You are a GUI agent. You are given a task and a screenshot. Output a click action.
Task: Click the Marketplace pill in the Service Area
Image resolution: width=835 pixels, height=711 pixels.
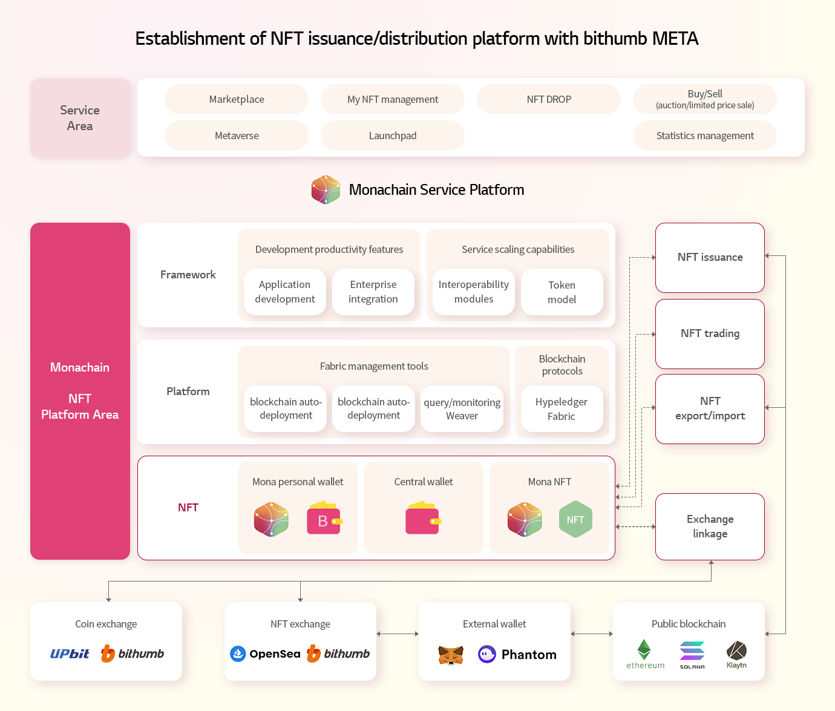coord(237,99)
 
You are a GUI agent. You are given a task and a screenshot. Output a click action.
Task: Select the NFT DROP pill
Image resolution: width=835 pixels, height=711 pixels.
coord(549,99)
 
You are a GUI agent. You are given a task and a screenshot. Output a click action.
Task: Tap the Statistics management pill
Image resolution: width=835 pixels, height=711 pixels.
coord(705,136)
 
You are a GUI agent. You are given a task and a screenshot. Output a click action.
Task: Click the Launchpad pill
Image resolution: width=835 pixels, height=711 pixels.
coord(393,136)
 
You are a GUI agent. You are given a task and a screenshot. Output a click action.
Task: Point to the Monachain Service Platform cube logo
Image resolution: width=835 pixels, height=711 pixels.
coord(326,189)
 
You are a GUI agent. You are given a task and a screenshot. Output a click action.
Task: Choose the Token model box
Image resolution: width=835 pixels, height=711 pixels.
coord(562,292)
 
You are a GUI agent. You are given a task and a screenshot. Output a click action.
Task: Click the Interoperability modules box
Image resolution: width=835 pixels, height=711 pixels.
coord(473,292)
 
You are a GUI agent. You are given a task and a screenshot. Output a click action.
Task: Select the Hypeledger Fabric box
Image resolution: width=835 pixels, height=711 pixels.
coord(562,409)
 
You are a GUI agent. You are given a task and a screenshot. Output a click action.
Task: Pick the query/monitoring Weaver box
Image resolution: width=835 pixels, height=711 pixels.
coord(462,409)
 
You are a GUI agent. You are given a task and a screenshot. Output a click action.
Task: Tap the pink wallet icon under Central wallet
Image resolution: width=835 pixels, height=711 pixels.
coord(423,518)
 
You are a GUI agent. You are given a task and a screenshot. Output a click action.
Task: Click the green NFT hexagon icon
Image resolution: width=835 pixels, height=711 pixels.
coord(575,519)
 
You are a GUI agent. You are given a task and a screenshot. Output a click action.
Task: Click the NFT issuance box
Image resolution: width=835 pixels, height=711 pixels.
coord(710,258)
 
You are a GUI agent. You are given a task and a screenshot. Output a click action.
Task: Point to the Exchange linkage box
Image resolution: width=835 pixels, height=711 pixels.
coord(710,526)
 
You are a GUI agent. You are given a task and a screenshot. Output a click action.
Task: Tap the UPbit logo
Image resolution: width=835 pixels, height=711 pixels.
coord(70,654)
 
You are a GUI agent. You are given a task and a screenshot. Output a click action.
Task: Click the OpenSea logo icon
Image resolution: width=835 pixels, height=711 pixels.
coord(238,654)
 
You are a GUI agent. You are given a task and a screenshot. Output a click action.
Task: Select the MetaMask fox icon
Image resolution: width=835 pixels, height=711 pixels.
coord(451,655)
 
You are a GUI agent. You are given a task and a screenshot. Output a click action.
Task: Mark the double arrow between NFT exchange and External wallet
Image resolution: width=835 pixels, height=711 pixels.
coord(398,634)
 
